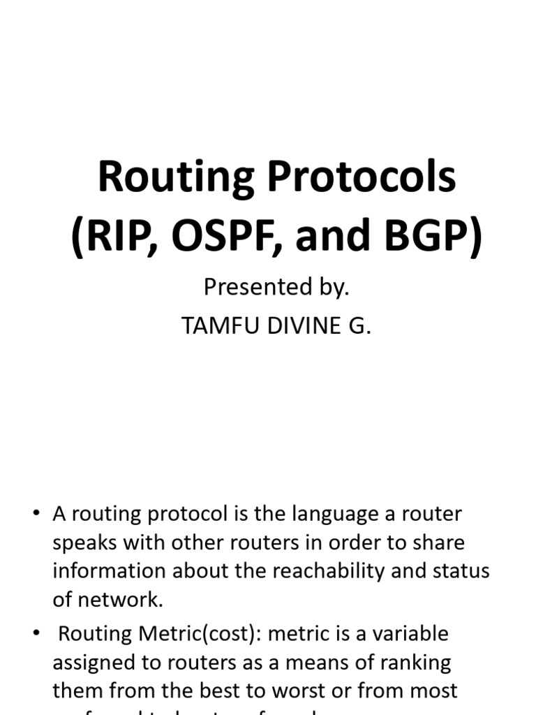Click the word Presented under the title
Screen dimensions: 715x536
coord(254,287)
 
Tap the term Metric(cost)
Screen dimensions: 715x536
coord(194,634)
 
